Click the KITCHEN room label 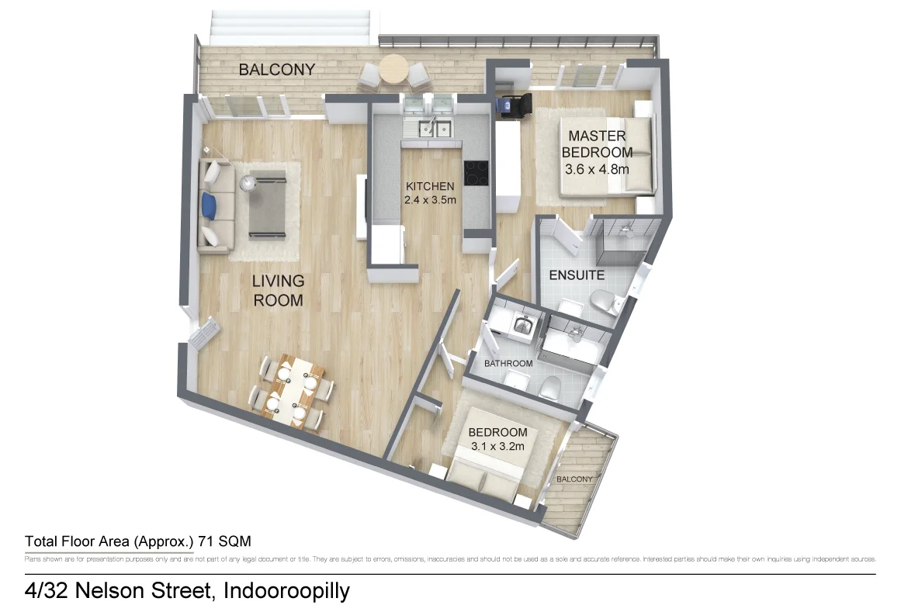tap(429, 186)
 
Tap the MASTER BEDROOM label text tap(597, 144)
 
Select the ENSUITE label tap(576, 275)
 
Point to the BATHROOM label tap(508, 364)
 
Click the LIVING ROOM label tap(277, 290)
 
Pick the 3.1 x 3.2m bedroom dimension tap(497, 446)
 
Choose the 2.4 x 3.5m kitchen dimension tap(429, 200)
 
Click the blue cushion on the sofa tap(208, 205)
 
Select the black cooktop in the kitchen tap(477, 172)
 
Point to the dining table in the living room tap(296, 392)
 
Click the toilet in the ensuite tap(602, 302)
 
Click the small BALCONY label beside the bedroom tap(574, 479)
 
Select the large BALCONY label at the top tap(276, 70)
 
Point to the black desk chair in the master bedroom tap(513, 105)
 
